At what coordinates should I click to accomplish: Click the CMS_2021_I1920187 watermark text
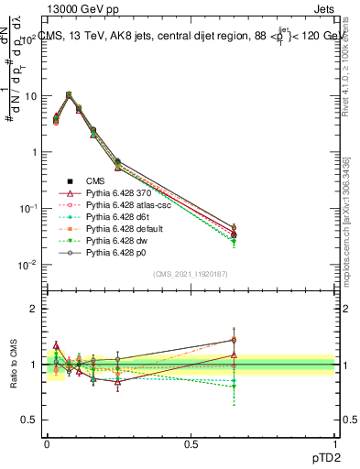(191, 274)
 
